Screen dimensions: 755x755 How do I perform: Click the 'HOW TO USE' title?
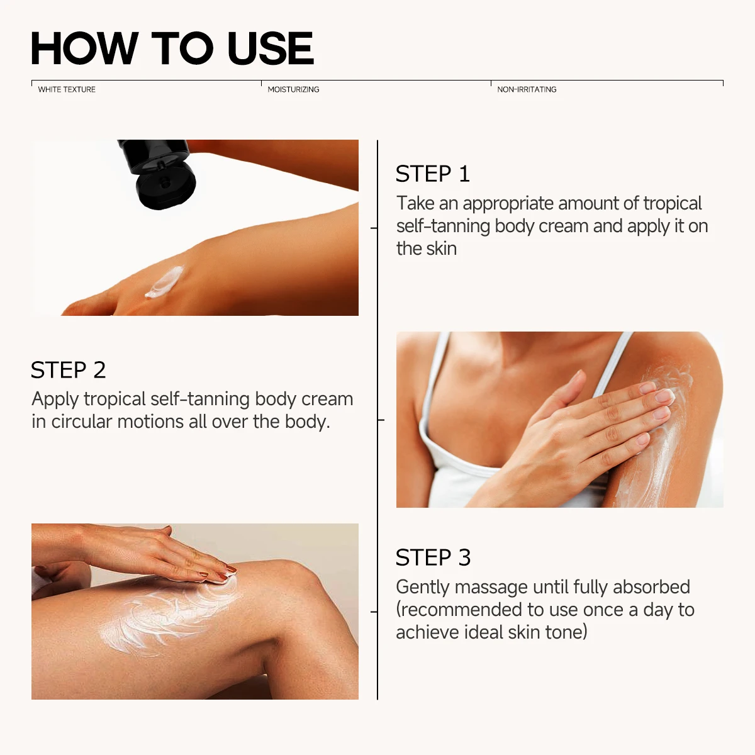172,48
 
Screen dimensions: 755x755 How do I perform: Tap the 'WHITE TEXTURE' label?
67,89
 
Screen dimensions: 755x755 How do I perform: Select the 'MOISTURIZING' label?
293,89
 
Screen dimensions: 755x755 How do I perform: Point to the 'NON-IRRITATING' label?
527,89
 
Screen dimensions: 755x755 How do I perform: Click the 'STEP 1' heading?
433,174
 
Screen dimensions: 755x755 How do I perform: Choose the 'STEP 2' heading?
68,370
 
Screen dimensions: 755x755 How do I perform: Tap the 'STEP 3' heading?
433,557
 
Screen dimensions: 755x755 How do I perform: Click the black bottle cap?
165,184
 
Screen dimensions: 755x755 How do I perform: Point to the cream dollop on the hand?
164,281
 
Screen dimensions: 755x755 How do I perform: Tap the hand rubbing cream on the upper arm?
585,428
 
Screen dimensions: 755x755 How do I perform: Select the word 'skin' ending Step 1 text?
443,249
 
